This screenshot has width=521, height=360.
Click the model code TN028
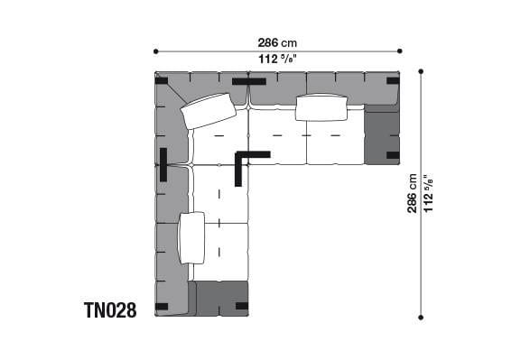110,310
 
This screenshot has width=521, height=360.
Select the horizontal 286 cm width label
277,42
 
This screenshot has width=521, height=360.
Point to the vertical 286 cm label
413,193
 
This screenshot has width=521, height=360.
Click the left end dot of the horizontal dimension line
155,51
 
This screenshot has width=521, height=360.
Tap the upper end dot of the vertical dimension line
421,70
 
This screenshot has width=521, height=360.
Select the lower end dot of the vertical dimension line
421,316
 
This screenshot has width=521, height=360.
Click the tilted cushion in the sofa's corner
209,111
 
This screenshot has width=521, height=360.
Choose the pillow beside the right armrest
321,107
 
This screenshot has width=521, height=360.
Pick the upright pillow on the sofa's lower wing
191,237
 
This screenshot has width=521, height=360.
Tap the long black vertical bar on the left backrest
163,164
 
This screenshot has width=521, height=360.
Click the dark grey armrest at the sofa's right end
382,134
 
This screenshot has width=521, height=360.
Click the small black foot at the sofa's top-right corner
393,81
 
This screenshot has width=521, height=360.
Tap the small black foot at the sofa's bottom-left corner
162,307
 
